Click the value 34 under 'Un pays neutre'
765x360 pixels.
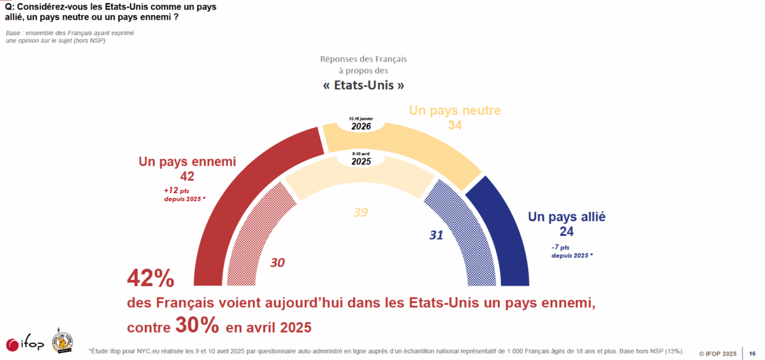[x=455, y=126]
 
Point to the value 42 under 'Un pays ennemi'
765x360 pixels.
[x=187, y=176]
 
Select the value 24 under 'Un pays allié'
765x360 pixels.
[x=567, y=231]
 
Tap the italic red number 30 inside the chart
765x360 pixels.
[x=277, y=262]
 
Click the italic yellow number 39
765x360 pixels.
[x=360, y=213]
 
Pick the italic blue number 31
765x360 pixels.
[x=436, y=235]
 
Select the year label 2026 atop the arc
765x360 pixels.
[x=360, y=126]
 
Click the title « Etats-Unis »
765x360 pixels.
[x=363, y=85]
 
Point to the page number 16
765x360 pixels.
[x=752, y=352]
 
